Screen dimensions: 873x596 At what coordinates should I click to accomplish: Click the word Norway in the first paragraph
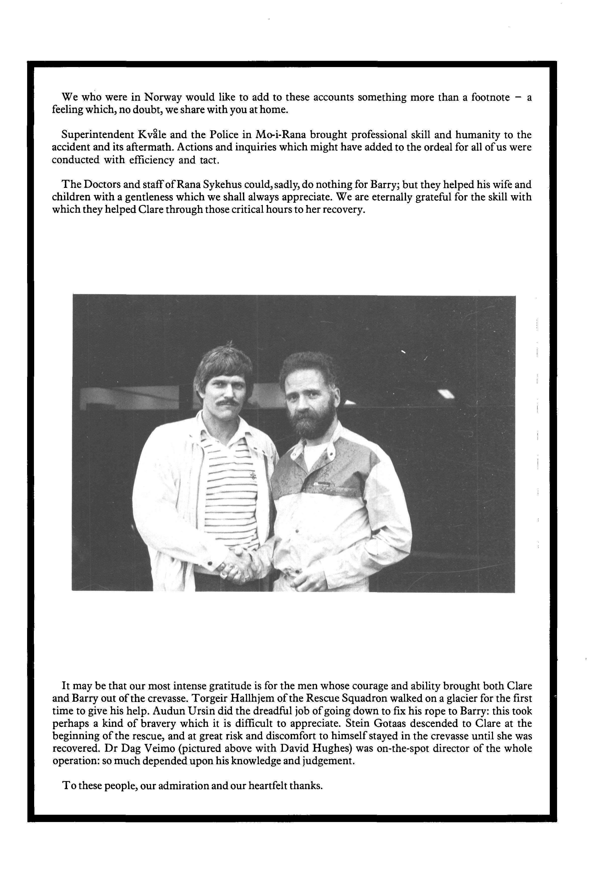(x=163, y=97)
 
